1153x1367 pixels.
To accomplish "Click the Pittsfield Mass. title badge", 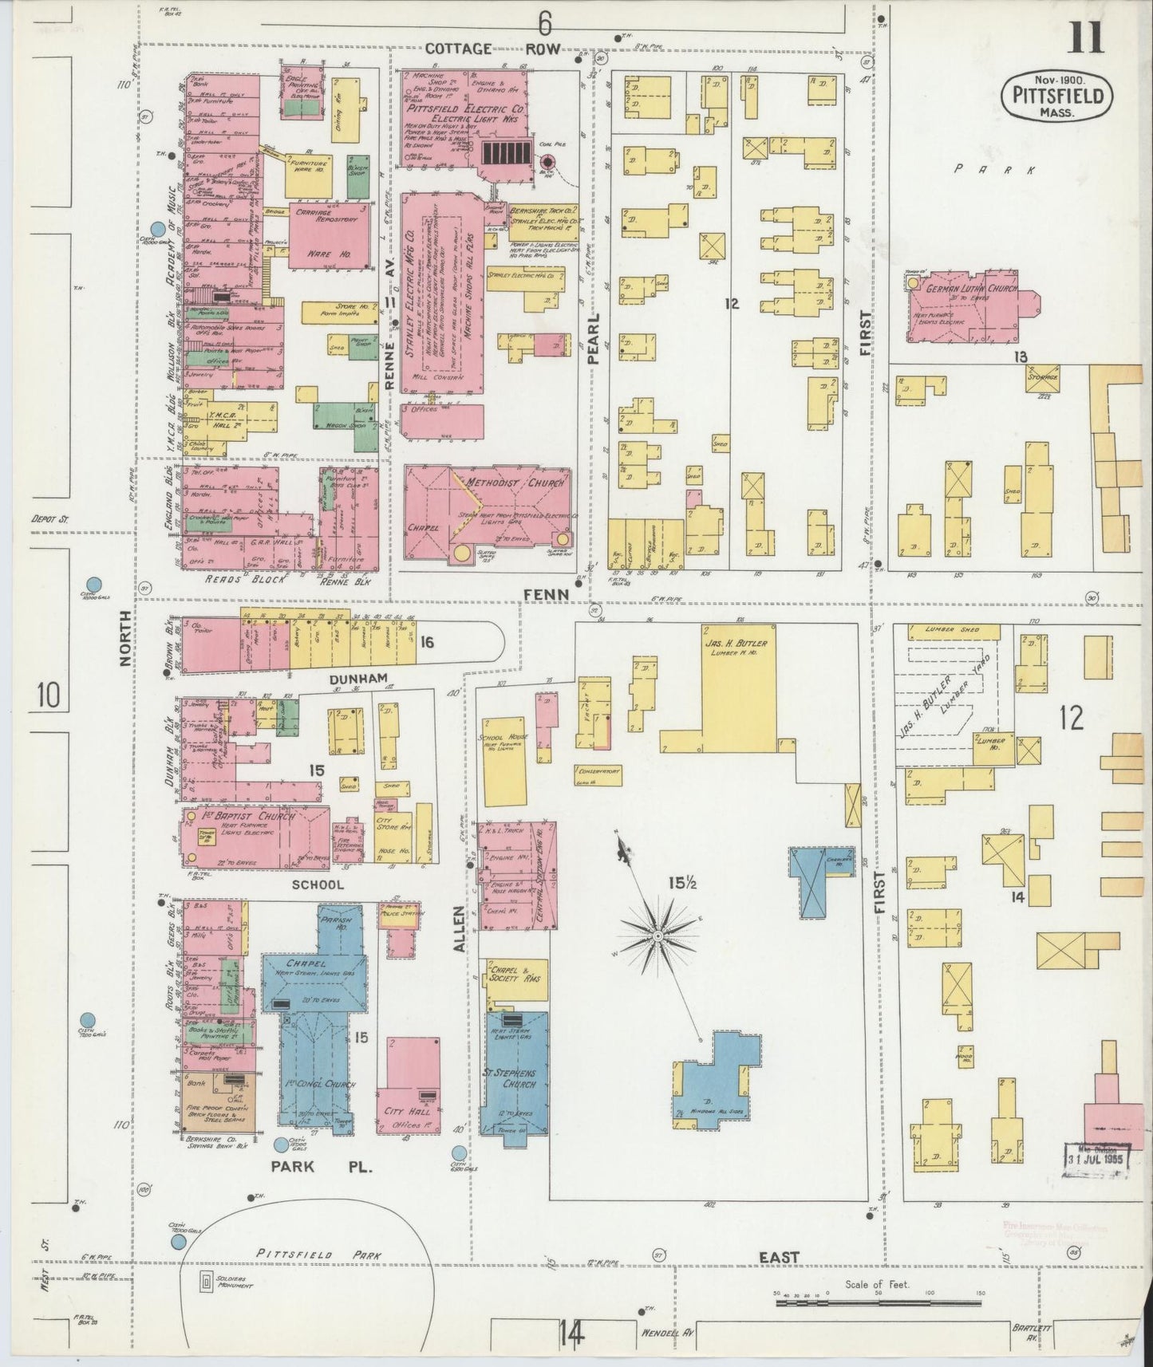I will click(1053, 95).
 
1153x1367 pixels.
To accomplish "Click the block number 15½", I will click(682, 882).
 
